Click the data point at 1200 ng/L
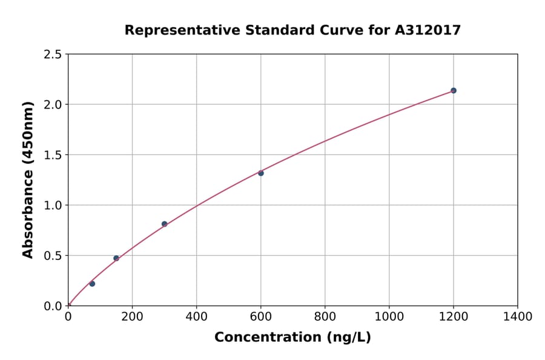(x=454, y=90)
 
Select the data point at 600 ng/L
(x=261, y=173)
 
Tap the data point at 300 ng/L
(x=164, y=224)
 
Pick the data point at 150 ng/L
(x=116, y=258)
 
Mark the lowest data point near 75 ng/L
(x=92, y=284)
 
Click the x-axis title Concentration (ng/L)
(x=292, y=338)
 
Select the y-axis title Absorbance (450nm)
(x=28, y=180)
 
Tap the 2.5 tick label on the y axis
(x=53, y=55)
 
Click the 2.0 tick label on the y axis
(x=53, y=105)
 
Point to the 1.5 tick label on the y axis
(x=53, y=155)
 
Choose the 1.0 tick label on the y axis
(x=53, y=205)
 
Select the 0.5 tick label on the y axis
(x=53, y=256)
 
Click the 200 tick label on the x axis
(x=132, y=316)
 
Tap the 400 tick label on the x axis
(x=196, y=316)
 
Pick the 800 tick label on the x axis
(x=325, y=316)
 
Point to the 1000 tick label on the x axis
(x=389, y=316)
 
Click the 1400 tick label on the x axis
(x=517, y=316)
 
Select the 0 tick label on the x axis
(x=68, y=316)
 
